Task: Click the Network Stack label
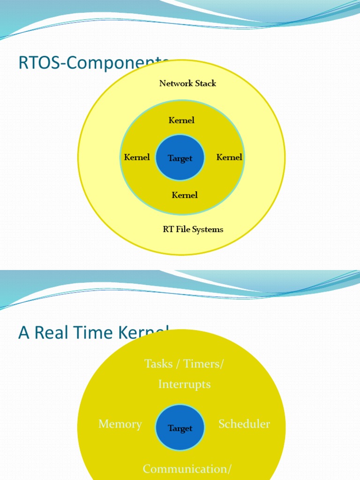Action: (x=187, y=83)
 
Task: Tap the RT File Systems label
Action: (x=193, y=229)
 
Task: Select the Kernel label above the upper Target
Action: (x=181, y=120)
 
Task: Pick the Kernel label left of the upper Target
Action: (x=137, y=157)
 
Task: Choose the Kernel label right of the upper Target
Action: (x=229, y=157)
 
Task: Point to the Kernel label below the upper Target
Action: (x=185, y=195)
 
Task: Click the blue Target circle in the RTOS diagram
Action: (x=180, y=158)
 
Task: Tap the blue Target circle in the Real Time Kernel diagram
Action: (x=180, y=428)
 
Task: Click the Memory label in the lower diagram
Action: (x=120, y=424)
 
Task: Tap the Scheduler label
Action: (x=244, y=424)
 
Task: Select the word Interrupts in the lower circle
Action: (x=184, y=384)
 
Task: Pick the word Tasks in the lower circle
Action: (x=158, y=364)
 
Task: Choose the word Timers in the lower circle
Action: (x=202, y=364)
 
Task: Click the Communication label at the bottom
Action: (x=185, y=469)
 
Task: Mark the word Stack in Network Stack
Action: (x=206, y=83)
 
